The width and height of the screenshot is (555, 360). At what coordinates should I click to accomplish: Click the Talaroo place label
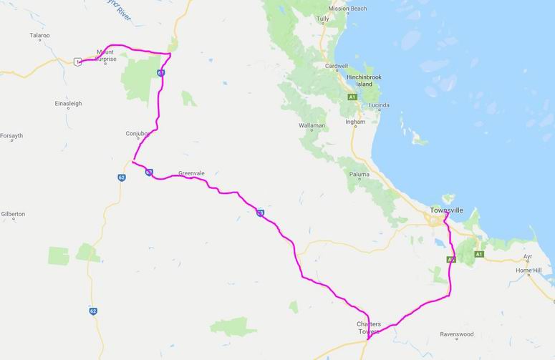[x=40, y=34]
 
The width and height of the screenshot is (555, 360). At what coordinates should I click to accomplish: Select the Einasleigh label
[x=68, y=104]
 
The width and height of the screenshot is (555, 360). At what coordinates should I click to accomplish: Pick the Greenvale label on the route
[x=191, y=173]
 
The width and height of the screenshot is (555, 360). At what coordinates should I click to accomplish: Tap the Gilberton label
[x=13, y=214]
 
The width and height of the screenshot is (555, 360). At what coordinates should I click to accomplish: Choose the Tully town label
[x=323, y=18]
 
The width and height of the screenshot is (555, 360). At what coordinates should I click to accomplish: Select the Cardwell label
[x=336, y=67]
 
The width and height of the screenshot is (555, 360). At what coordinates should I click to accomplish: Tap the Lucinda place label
[x=378, y=105]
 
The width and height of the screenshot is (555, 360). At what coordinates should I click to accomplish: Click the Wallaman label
[x=313, y=126]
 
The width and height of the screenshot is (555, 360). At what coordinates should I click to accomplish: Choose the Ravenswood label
[x=458, y=334]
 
